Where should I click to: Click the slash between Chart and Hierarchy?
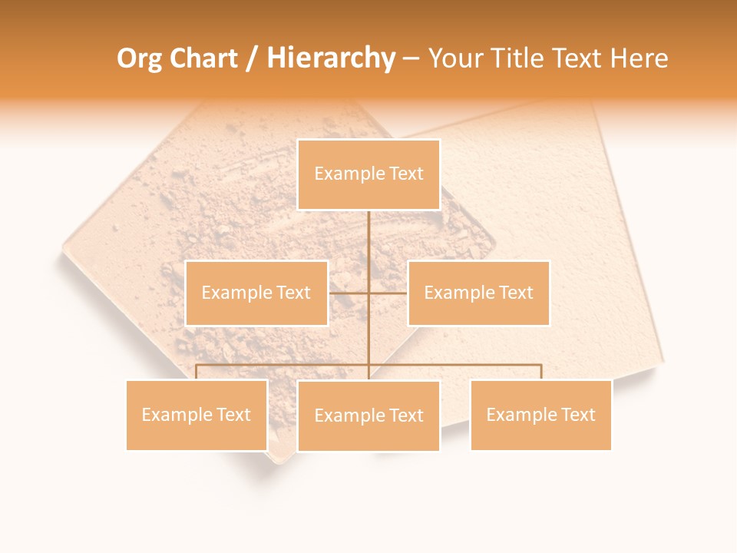tap(252, 59)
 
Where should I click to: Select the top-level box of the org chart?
tap(368, 174)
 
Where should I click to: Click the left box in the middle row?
tap(256, 293)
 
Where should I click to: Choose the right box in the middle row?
tap(478, 293)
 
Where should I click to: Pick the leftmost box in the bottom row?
tap(197, 415)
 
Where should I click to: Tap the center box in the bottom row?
tap(368, 416)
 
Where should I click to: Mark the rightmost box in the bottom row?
tap(540, 415)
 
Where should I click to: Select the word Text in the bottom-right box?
tap(578, 415)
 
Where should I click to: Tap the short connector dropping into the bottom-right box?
tap(541, 373)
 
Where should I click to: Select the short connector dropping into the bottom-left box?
tap(197, 373)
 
